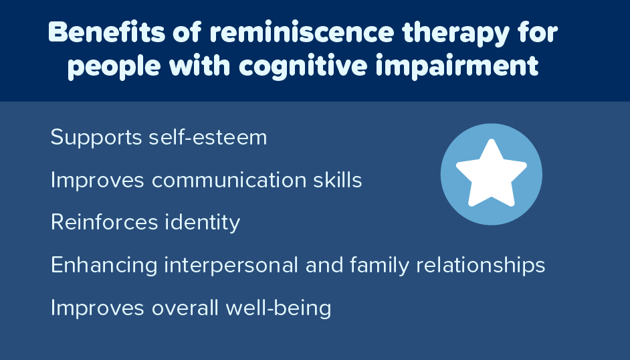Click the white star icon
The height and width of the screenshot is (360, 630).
491,174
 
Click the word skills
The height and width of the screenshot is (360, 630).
337,180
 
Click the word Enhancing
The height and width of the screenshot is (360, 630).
102,266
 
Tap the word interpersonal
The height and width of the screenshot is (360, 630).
228,266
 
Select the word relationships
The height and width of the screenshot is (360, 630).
480,266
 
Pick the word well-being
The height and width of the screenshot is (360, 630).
287,308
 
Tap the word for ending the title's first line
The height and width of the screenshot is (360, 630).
538,33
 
